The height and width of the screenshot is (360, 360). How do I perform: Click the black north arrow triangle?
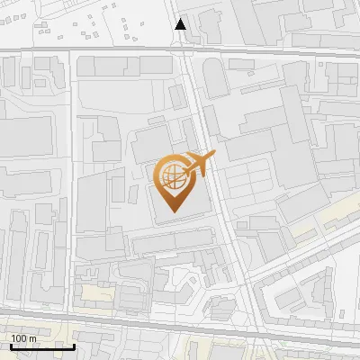click(x=181, y=24)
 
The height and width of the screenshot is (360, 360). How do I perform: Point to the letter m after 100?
click(x=32, y=338)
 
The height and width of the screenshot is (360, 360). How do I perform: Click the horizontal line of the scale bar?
click(x=42, y=346)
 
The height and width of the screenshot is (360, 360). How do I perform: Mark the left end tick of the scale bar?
click(x=11, y=345)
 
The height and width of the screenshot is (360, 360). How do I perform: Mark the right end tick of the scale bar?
click(x=74, y=345)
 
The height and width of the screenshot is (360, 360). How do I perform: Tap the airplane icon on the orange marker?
click(x=201, y=164)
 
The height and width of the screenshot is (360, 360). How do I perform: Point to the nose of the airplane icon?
click(x=214, y=156)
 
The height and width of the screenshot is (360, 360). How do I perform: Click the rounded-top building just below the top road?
click(x=217, y=79)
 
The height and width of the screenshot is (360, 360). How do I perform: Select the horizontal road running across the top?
click(x=270, y=54)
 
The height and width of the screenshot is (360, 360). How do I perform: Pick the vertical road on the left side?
click(x=69, y=180)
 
